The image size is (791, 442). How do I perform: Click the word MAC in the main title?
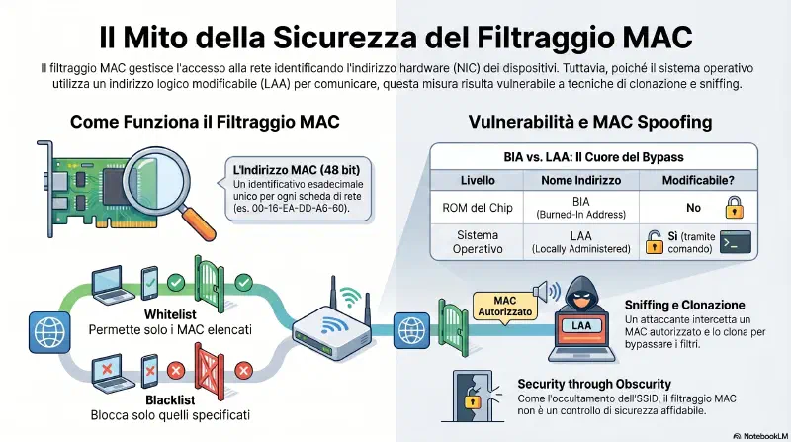(658, 37)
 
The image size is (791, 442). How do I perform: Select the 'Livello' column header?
(478, 180)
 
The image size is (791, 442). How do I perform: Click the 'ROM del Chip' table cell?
(478, 208)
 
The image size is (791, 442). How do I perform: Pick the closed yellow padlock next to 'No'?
(734, 208)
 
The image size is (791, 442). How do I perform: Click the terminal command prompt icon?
(735, 242)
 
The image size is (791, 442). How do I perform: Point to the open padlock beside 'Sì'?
(655, 241)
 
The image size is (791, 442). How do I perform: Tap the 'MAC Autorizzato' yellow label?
(504, 306)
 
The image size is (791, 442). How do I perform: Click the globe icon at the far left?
(49, 332)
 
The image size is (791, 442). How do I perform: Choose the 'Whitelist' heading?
(170, 314)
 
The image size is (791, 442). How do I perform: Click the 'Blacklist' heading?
(170, 400)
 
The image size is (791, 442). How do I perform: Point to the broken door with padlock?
(473, 397)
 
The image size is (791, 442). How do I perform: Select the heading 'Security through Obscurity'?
(594, 384)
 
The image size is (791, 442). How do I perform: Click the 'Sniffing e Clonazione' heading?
(684, 305)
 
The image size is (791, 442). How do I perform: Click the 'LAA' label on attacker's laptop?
(581, 326)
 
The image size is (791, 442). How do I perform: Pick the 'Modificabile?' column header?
(698, 180)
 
